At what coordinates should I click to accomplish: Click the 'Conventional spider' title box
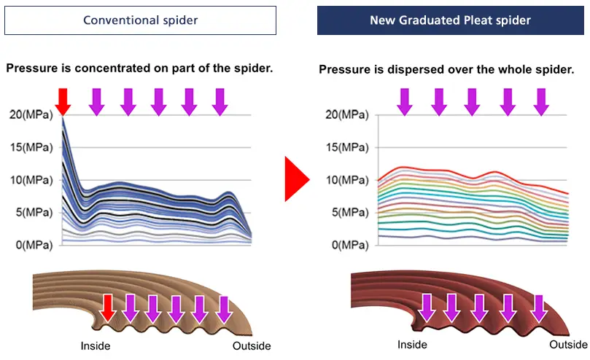point(140,20)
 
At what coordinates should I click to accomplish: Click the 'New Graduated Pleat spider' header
point(451,20)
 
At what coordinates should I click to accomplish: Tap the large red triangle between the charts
point(297,179)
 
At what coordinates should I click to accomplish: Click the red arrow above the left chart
point(63,102)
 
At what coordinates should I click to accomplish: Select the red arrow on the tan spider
point(108,308)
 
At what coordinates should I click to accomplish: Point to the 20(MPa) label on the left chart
point(31,114)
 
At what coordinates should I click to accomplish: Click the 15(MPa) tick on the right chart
point(347,147)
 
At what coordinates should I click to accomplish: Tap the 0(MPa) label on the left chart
point(34,245)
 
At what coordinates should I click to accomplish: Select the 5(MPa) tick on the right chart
point(350,213)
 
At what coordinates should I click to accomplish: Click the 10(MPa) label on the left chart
point(31,180)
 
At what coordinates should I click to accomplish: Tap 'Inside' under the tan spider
point(96,346)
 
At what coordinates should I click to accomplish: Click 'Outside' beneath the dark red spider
point(568,345)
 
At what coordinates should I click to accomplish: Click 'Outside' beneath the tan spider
point(252,346)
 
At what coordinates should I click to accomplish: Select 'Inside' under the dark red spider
point(412,345)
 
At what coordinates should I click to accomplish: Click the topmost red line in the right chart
point(473,176)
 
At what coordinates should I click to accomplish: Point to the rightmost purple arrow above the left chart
point(220,102)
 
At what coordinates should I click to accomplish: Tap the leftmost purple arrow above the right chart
point(405,102)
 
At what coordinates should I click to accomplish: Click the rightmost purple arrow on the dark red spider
point(539,308)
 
